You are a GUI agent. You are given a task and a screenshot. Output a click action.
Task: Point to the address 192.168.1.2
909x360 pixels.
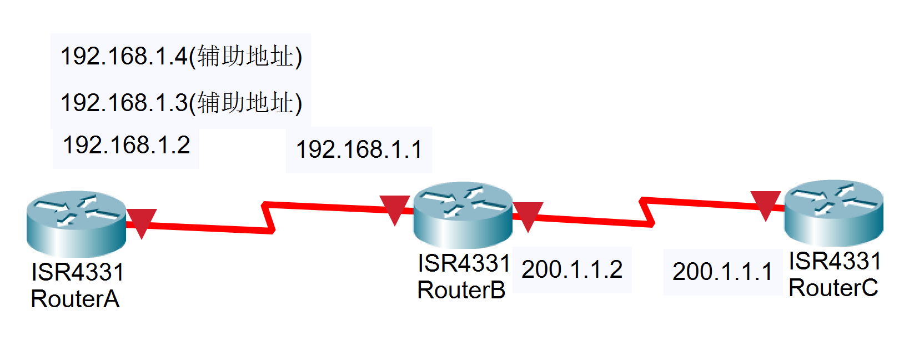tap(127, 146)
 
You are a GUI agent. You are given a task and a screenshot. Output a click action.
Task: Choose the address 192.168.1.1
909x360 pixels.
tap(359, 150)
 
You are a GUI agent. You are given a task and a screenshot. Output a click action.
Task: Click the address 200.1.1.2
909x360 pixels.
tap(572, 270)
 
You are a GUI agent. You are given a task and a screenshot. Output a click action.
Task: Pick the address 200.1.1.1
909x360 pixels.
tap(722, 272)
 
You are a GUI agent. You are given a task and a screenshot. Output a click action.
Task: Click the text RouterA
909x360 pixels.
tap(75, 299)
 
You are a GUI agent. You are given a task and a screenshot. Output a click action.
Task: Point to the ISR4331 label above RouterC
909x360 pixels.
tap(835, 261)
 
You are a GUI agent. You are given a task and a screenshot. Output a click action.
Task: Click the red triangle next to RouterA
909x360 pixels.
tap(142, 221)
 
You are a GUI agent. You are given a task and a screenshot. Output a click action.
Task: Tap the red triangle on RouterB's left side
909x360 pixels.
tap(394, 208)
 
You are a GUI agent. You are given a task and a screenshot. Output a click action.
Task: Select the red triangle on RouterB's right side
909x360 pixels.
tap(528, 214)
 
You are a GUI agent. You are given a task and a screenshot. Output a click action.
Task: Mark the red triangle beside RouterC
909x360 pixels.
tap(765, 203)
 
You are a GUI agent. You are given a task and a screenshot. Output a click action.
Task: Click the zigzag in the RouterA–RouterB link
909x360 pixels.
tap(269, 218)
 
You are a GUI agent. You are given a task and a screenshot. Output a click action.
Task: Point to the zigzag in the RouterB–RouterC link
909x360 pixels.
tap(647, 212)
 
